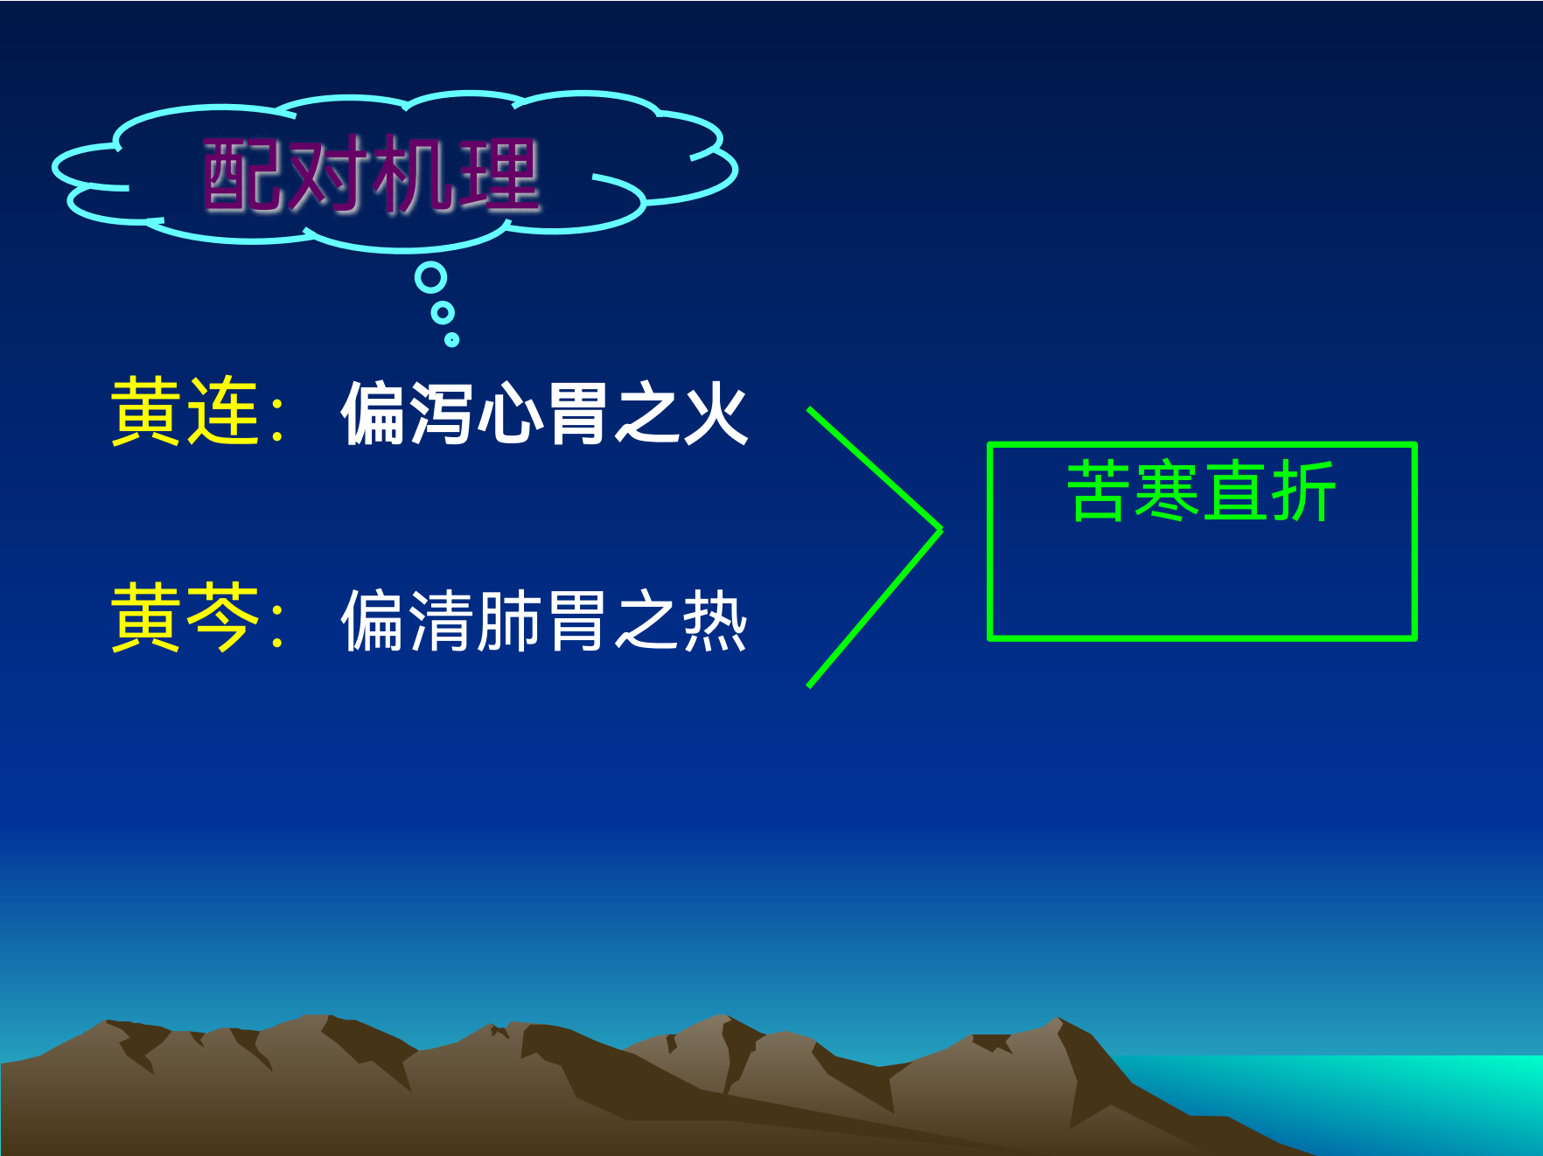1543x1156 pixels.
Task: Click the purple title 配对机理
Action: pos(371,175)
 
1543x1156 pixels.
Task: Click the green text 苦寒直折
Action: pos(1201,491)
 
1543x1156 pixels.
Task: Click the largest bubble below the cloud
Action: pos(430,278)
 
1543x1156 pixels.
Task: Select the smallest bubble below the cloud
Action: pos(451,339)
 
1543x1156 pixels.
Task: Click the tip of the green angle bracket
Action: pos(940,529)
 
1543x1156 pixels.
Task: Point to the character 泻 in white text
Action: pos(440,414)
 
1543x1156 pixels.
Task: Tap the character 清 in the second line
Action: pos(440,621)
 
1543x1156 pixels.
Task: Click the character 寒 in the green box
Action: pos(1167,491)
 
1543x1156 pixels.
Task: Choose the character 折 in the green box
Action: pos(1303,491)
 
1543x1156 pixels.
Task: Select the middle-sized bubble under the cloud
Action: pos(443,312)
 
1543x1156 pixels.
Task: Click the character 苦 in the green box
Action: pos(1098,491)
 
